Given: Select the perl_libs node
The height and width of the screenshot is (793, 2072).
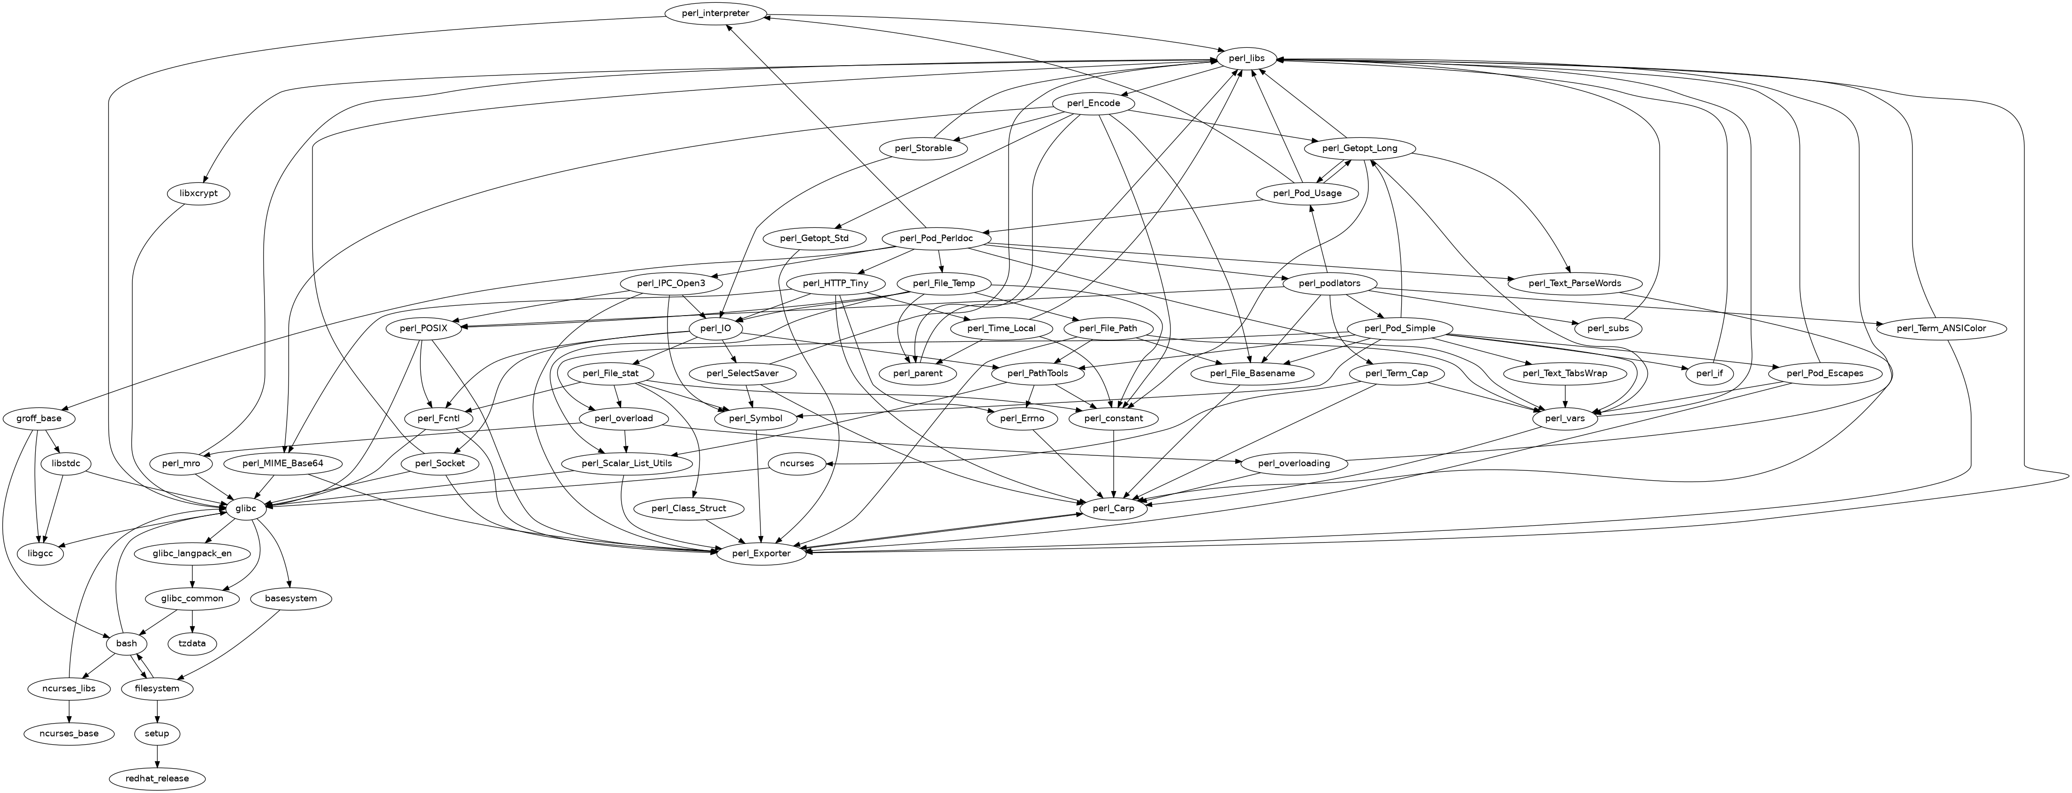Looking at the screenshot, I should [x=1246, y=58].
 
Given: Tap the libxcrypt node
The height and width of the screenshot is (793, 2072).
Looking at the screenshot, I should [x=199, y=194].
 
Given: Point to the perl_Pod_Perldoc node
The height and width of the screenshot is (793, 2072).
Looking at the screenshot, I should [x=935, y=238].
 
